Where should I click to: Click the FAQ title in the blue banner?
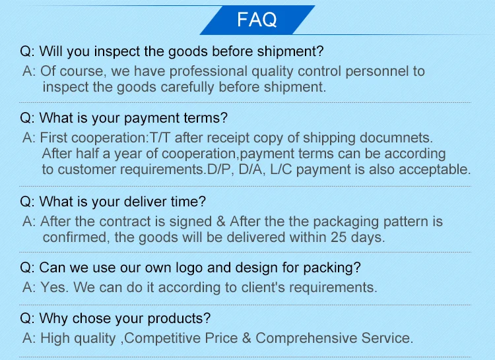tap(257, 20)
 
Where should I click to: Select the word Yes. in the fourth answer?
tap(54, 287)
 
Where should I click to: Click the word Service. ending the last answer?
tap(387, 338)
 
